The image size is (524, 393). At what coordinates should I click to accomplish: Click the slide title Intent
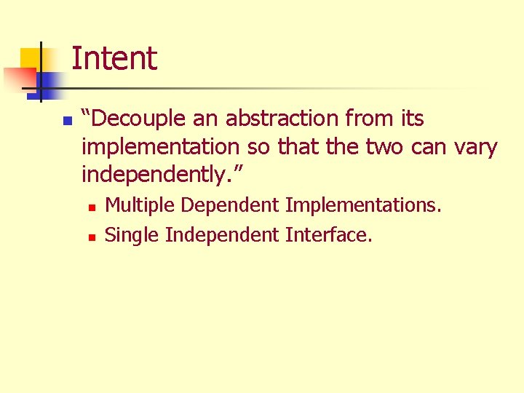point(114,58)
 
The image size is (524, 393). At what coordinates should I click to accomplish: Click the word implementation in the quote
point(161,147)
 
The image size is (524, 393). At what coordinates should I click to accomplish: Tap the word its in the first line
point(412,118)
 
